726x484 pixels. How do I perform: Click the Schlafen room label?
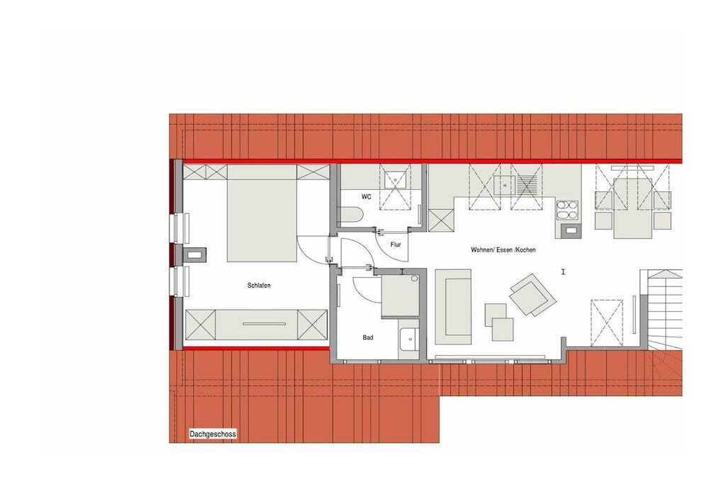tap(259, 286)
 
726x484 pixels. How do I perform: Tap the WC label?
tap(367, 197)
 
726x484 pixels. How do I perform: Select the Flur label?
tap(396, 244)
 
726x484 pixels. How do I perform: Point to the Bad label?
tap(368, 338)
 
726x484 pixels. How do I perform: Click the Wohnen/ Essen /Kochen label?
tap(503, 250)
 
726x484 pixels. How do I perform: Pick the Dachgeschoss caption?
tap(213, 434)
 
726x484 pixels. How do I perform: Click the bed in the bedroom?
tap(262, 213)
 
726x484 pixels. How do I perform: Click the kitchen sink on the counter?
tap(504, 185)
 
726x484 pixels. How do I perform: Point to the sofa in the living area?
tap(453, 308)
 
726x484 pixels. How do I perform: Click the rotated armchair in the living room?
tap(533, 296)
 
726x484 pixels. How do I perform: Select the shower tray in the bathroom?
tap(401, 296)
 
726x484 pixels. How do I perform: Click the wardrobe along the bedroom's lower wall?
tap(256, 325)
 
